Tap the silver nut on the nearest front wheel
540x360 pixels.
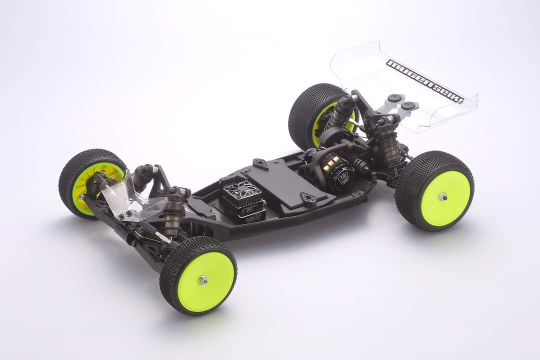coord(203,280)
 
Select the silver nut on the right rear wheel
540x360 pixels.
coord(443,197)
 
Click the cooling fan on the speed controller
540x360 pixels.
coord(236,190)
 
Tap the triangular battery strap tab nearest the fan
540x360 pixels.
coord(260,163)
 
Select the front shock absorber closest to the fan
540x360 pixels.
coord(174,210)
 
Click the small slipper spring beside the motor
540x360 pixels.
coord(362,165)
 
